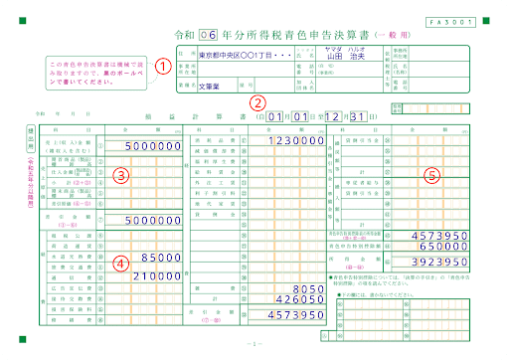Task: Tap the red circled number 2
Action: click(x=257, y=101)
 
